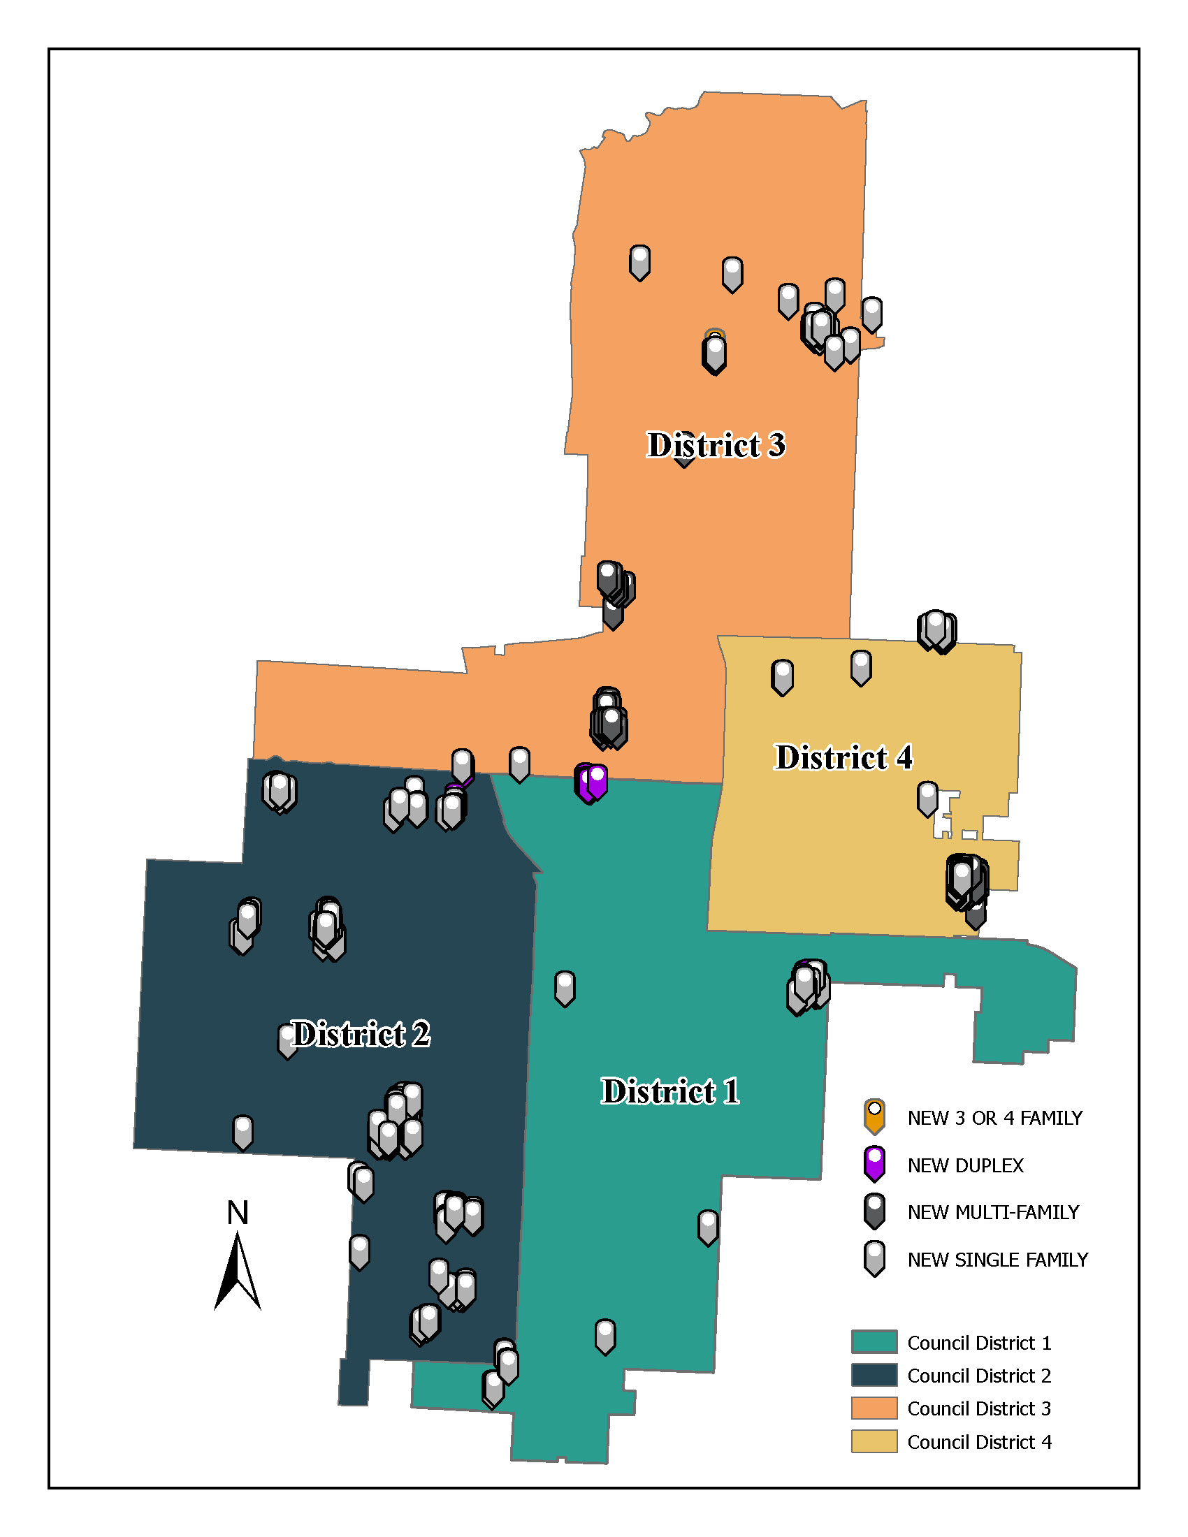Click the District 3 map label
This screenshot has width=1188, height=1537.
coord(715,446)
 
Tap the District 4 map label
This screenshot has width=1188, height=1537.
coord(843,758)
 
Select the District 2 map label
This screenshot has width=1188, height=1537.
coord(361,1035)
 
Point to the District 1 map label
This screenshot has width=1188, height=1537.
coord(669,1091)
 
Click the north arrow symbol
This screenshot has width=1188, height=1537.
coord(237,1272)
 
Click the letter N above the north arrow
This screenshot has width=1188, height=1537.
coord(238,1213)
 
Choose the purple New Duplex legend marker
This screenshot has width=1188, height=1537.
coord(874,1163)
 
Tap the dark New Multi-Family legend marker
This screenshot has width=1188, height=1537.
coord(874,1211)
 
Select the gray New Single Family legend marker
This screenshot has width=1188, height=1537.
coord(874,1258)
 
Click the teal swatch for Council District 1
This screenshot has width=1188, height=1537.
coord(874,1341)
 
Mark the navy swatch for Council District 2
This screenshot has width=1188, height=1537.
coord(874,1374)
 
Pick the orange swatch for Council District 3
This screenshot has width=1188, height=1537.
coord(874,1408)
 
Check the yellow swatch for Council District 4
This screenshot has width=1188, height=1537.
coord(874,1441)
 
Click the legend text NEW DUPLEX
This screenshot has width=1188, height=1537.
coord(965,1165)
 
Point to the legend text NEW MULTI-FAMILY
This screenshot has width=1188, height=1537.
coord(992,1212)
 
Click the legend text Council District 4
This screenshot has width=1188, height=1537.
coord(979,1442)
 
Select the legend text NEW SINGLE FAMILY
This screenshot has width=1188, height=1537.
coord(997,1260)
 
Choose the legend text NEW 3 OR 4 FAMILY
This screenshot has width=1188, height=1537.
coord(994,1118)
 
